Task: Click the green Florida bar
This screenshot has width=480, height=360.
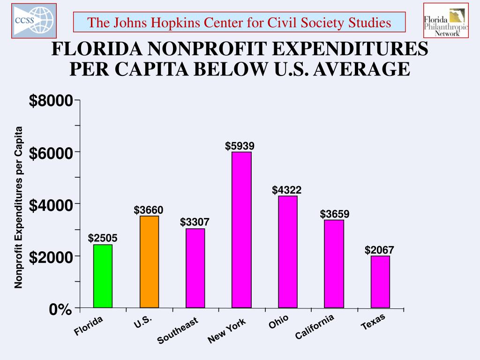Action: tap(103, 276)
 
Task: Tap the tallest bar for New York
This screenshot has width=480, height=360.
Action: tap(241, 230)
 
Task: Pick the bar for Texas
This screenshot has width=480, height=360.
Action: tap(380, 282)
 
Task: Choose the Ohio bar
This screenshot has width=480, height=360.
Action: tap(288, 252)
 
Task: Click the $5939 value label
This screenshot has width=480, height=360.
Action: tap(240, 146)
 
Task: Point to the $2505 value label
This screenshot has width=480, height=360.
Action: tap(103, 239)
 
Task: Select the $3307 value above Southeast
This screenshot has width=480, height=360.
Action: tap(195, 222)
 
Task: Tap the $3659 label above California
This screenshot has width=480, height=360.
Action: tap(335, 214)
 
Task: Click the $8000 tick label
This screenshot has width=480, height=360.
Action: tap(51, 101)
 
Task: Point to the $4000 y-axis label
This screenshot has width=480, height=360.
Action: tap(51, 205)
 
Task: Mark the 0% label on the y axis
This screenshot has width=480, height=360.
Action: tap(60, 309)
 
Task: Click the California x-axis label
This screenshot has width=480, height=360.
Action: tap(315, 327)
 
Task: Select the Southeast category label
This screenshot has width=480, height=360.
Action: tap(178, 331)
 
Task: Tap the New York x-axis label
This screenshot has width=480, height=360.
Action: tap(227, 331)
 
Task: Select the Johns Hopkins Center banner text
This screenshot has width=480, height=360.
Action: tap(239, 22)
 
